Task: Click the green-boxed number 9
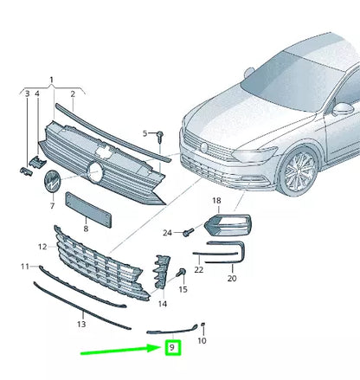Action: click(172, 347)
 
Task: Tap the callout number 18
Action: click(216, 201)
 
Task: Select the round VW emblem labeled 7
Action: click(52, 181)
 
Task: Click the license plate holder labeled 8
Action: click(88, 209)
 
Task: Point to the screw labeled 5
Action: click(160, 136)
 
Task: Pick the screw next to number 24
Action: click(189, 232)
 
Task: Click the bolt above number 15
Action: click(182, 273)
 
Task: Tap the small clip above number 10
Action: click(202, 325)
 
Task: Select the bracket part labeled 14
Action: click(161, 271)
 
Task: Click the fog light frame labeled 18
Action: click(228, 225)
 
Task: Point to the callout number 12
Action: click(42, 247)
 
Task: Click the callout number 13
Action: click(81, 324)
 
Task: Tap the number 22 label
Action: click(199, 269)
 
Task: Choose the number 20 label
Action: click(232, 278)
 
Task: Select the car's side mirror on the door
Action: click(343, 109)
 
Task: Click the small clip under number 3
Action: click(26, 171)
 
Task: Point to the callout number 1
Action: click(52, 80)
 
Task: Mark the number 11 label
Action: click(25, 267)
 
